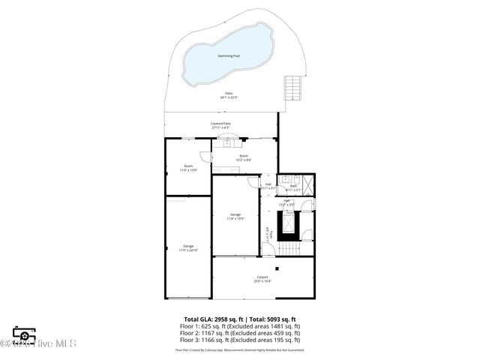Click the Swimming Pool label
pyautogui.click(x=229, y=56)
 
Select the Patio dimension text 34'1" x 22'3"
pyautogui.click(x=229, y=97)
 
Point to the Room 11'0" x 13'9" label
pyautogui.click(x=187, y=168)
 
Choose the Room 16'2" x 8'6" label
pyautogui.click(x=244, y=157)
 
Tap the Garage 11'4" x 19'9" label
pyautogui.click(x=235, y=216)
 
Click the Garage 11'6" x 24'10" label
pyautogui.click(x=188, y=247)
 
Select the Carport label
pyautogui.click(x=262, y=277)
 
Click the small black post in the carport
pyautogui.click(x=277, y=268)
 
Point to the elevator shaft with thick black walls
pyautogui.click(x=288, y=223)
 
